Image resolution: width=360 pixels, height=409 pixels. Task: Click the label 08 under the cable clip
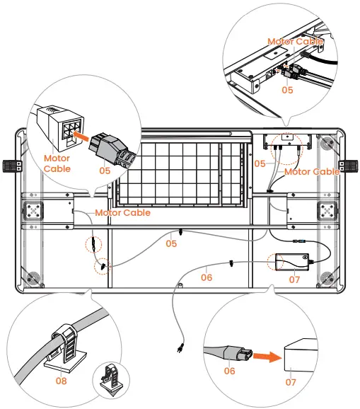pyautogui.click(x=62, y=381)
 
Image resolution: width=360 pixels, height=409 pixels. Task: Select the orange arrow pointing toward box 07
pyautogui.click(x=267, y=357)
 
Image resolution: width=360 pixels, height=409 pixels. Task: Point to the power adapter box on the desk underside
pyautogui.click(x=292, y=262)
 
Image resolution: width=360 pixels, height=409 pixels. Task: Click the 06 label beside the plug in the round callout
pyautogui.click(x=229, y=371)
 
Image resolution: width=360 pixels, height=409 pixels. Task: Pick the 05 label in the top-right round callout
pyautogui.click(x=287, y=90)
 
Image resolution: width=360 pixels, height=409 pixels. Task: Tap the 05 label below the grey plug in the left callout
pyautogui.click(x=105, y=171)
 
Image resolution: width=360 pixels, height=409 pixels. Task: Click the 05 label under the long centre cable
pyautogui.click(x=171, y=243)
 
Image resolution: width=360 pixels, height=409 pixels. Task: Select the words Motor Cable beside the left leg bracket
pyautogui.click(x=122, y=212)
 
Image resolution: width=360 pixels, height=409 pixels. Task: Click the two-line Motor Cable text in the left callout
pyautogui.click(x=57, y=163)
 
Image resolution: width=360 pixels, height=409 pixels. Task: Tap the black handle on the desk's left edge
pyautogui.click(x=12, y=166)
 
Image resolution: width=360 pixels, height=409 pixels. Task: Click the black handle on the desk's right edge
pyautogui.click(x=348, y=166)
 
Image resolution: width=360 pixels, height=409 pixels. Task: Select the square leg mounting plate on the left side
pyautogui.click(x=34, y=210)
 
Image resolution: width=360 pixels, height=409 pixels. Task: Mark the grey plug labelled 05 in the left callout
pyautogui.click(x=112, y=151)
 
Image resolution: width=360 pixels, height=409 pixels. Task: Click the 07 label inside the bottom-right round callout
pyautogui.click(x=291, y=382)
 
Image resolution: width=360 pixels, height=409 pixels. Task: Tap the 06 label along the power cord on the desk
pyautogui.click(x=207, y=277)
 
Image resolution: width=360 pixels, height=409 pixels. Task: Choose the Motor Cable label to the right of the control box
pyautogui.click(x=312, y=172)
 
